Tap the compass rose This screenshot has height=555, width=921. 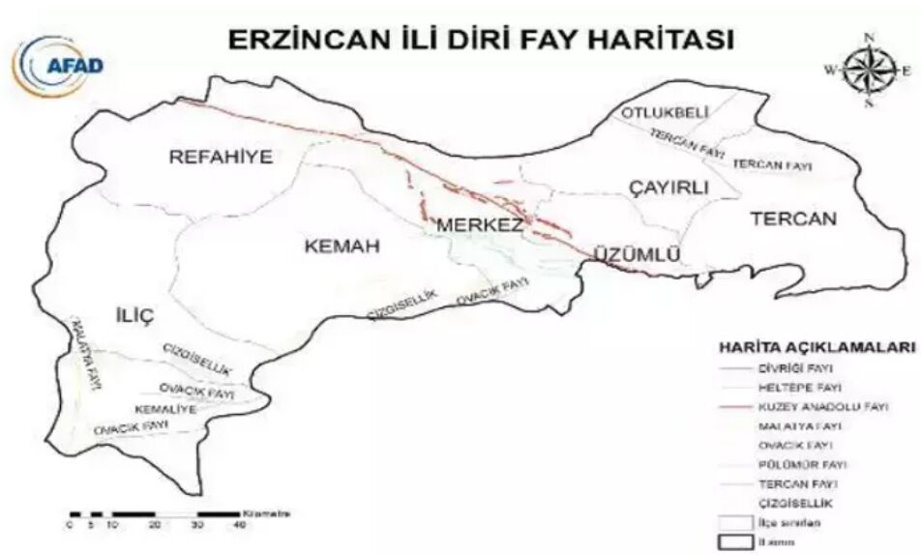pos(868,70)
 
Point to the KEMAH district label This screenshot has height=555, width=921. pos(342,247)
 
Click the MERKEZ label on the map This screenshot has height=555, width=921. pos(481,224)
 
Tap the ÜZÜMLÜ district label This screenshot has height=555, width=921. pos(632,254)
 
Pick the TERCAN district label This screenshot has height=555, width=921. pos(792,219)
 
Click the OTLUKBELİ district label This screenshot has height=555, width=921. pos(659,114)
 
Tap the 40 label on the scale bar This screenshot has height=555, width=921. pos(239,524)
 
